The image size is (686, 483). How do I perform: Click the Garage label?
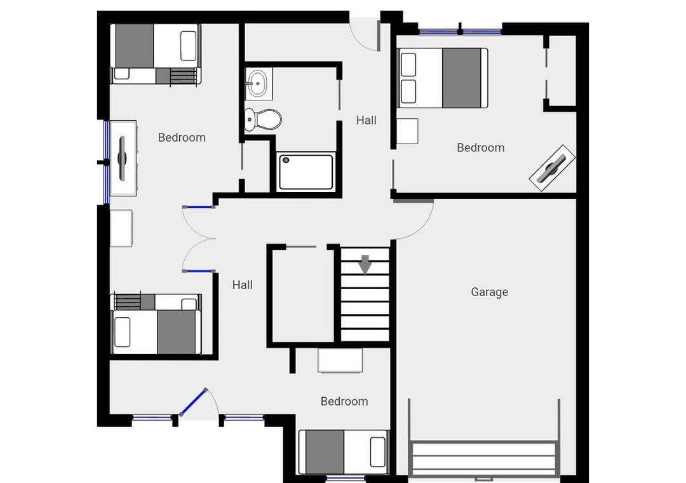click(490, 292)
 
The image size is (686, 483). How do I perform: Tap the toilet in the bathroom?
click(263, 119)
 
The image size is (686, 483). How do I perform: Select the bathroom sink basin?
click(258, 83)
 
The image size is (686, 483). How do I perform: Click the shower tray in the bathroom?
click(306, 172)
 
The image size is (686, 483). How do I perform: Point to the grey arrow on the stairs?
click(365, 264)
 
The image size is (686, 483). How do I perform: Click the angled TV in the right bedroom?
click(552, 168)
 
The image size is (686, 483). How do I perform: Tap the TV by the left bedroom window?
click(122, 158)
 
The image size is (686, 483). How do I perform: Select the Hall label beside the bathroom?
click(367, 120)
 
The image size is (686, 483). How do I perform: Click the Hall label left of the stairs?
click(243, 285)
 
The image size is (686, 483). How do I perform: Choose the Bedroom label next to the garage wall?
click(344, 401)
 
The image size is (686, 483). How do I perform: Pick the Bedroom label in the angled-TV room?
click(481, 147)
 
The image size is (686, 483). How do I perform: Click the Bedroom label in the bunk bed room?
click(182, 137)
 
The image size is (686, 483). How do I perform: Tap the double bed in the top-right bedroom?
click(443, 78)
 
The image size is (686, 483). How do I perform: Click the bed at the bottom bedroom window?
click(344, 452)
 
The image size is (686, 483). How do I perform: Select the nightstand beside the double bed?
click(407, 131)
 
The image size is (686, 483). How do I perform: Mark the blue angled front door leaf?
click(193, 402)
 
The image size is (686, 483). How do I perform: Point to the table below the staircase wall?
click(340, 360)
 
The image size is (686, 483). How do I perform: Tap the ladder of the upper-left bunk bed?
click(184, 76)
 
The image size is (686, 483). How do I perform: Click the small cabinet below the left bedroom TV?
click(121, 228)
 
